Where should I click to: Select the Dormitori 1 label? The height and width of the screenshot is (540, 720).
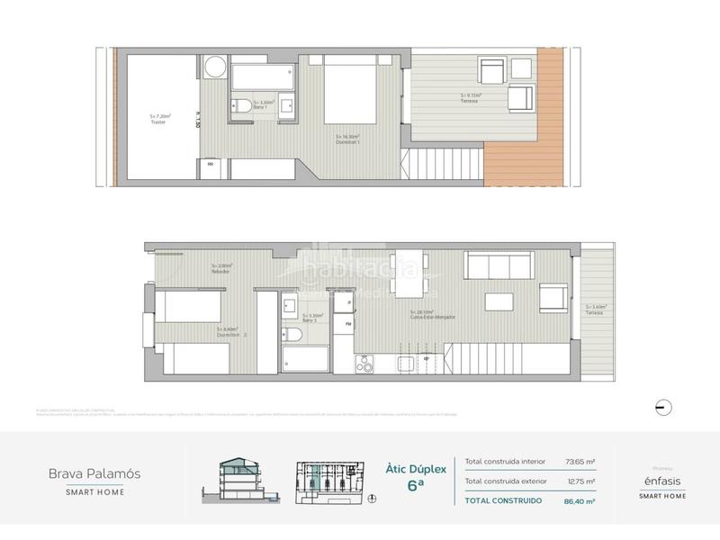(x=347, y=139)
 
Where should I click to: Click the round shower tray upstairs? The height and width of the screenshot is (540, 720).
(x=215, y=68)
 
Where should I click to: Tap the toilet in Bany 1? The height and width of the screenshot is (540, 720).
(x=241, y=107)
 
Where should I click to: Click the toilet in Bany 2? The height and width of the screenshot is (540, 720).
(x=292, y=337)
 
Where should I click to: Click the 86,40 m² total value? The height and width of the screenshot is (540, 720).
(x=580, y=500)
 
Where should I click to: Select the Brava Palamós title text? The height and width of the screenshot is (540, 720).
(x=94, y=473)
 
